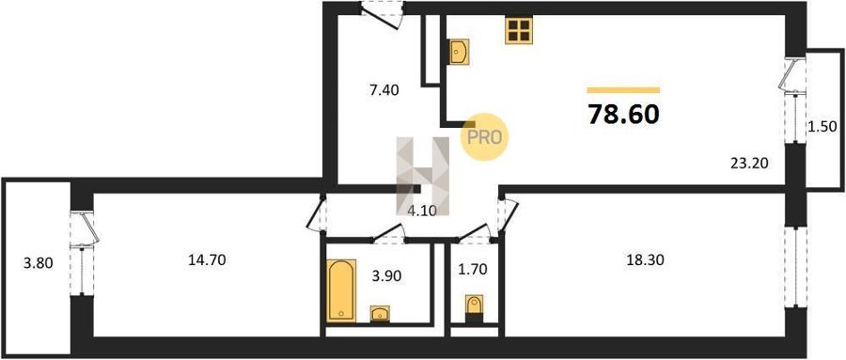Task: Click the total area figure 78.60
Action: tap(623, 115)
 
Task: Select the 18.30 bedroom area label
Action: tap(645, 260)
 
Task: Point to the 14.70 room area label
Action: tap(207, 260)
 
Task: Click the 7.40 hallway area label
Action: tap(384, 90)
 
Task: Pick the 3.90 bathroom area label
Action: tap(386, 278)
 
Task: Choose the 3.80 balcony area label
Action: tap(38, 264)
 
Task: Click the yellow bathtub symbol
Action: tap(341, 291)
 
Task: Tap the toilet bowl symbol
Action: tap(475, 306)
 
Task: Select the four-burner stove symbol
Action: tap(519, 30)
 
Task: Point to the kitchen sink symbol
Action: tap(458, 53)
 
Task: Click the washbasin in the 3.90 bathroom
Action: tap(381, 314)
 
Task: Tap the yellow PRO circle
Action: tap(484, 137)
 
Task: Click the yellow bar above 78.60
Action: tap(623, 90)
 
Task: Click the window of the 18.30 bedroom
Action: tap(794, 267)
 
